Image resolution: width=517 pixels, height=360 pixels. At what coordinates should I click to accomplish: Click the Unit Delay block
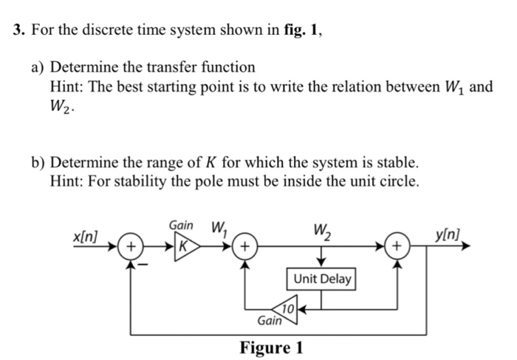point(323,279)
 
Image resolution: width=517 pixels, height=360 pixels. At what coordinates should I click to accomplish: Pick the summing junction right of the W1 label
point(245,245)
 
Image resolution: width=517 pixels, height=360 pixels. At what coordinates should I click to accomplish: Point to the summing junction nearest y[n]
point(397,245)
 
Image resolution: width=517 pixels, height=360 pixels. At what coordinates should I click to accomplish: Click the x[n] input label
point(86,234)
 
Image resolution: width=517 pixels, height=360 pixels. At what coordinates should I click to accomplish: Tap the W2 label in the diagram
point(323,229)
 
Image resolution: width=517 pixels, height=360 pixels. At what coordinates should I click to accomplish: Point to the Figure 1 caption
point(271,347)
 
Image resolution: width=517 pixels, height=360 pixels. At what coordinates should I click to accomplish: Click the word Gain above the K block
point(182,224)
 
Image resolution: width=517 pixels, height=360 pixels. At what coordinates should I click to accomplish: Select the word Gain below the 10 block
point(270,322)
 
